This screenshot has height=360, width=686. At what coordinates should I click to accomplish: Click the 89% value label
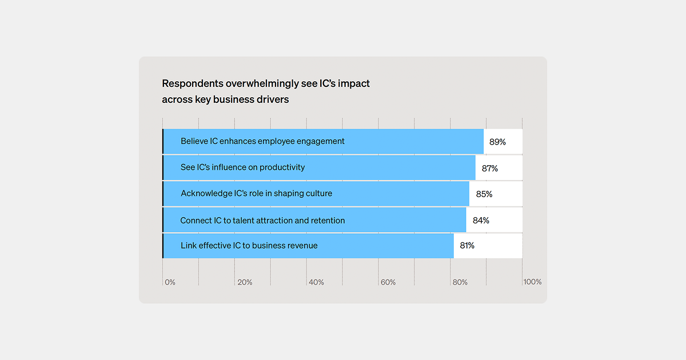pos(497,142)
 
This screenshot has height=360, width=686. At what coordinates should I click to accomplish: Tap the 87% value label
pos(489,168)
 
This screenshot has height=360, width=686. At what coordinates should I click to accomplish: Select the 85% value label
pos(484,194)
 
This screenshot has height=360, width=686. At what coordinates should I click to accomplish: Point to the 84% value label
pos(481,221)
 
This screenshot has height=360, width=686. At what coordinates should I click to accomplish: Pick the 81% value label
pos(466,246)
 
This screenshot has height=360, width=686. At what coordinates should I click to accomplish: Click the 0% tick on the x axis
pos(170,282)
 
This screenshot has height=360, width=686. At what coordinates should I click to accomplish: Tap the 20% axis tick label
pos(245,282)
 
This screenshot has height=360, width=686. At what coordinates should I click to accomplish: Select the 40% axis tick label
pos(316,282)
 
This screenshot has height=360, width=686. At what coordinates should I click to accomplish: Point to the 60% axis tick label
pos(388,282)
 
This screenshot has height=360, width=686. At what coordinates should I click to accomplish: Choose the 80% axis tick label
pos(460,282)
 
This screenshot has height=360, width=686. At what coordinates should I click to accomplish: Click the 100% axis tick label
pos(532,282)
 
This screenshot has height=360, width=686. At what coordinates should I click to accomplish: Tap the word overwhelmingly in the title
pos(262,83)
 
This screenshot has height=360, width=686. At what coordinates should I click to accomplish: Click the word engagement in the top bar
pos(321,141)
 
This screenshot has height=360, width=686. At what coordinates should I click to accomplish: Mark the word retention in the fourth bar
pos(326,221)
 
